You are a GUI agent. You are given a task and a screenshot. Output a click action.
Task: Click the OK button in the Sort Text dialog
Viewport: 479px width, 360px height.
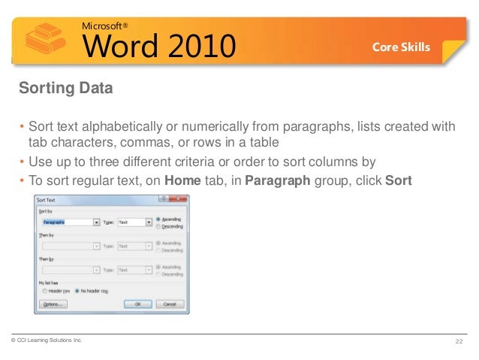click(137, 304)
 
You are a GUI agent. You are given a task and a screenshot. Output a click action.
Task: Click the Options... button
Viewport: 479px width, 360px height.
click(53, 304)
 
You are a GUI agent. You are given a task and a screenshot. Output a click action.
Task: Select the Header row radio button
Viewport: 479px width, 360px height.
click(46, 289)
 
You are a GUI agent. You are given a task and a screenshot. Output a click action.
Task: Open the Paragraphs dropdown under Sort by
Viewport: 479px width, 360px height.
click(96, 222)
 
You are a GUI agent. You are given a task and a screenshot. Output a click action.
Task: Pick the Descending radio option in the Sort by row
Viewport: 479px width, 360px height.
click(158, 226)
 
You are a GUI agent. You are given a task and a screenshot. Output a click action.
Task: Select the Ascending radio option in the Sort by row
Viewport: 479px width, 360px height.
click(158, 219)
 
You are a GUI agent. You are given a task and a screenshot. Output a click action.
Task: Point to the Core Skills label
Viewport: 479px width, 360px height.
click(401, 47)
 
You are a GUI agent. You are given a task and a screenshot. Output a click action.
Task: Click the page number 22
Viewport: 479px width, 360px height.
click(459, 343)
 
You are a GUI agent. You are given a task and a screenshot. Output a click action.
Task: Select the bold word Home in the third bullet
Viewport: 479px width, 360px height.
click(181, 180)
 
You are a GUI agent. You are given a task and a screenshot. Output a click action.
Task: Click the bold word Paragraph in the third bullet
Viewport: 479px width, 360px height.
click(277, 180)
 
